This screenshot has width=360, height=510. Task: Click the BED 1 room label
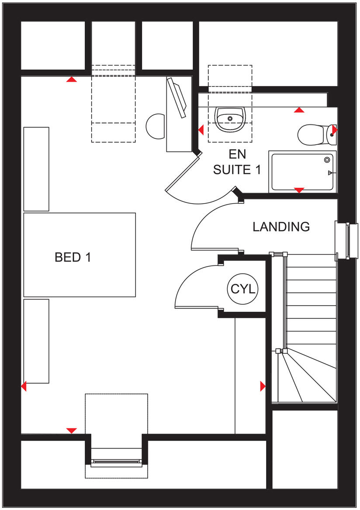(73, 257)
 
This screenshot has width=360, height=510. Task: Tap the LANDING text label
(281, 227)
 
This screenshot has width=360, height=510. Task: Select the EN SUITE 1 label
(237, 162)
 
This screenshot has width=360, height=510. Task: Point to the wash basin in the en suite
(230, 119)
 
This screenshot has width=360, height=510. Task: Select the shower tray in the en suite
(302, 171)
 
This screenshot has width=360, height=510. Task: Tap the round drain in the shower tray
(327, 160)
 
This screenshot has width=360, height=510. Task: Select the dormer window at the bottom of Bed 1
(116, 461)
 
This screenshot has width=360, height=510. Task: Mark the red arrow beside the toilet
(335, 130)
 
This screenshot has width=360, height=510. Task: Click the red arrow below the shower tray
(299, 190)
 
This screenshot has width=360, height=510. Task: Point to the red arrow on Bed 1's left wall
(24, 386)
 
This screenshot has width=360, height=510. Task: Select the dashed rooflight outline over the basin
(230, 103)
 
